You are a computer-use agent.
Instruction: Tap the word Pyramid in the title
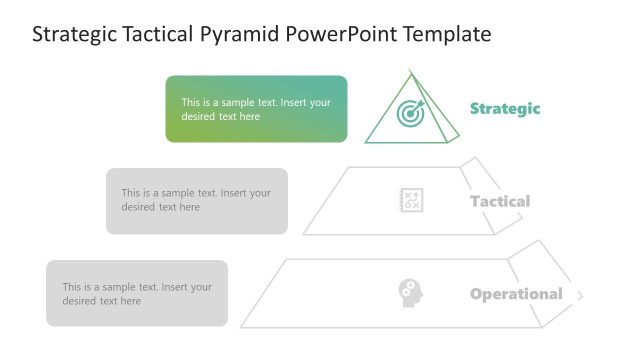(x=241, y=35)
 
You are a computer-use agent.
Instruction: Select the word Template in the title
(x=447, y=35)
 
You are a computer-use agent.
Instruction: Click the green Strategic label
(x=505, y=109)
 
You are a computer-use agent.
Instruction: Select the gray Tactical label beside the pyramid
(x=500, y=201)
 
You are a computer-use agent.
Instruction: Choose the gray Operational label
(x=516, y=294)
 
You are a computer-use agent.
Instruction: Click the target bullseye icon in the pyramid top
(x=410, y=114)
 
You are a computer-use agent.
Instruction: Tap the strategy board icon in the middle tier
(x=411, y=200)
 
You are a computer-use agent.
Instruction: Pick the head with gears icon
(x=410, y=293)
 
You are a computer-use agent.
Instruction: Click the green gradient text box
(x=256, y=109)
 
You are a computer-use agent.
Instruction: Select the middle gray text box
(x=196, y=201)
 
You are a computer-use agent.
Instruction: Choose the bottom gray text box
(x=137, y=294)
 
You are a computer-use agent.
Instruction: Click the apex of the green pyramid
(x=411, y=71)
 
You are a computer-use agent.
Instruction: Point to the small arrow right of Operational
(x=580, y=295)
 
